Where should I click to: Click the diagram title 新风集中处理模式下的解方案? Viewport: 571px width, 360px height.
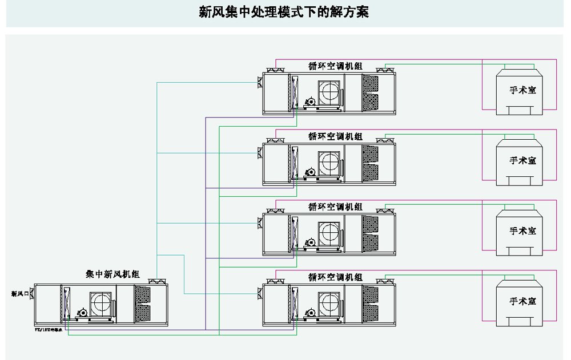pos(284,13)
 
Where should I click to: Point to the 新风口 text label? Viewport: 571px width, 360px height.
pos(19,294)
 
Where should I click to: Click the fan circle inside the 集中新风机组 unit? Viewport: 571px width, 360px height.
pos(102,304)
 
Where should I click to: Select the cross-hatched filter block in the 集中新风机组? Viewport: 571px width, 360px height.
pos(142,304)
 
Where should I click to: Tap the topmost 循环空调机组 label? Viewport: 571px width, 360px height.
pos(335,66)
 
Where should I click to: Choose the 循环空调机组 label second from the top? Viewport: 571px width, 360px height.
pos(335,136)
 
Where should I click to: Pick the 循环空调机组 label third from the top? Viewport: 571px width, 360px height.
pos(335,207)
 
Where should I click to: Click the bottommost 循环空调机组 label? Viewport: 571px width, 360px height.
pos(335,277)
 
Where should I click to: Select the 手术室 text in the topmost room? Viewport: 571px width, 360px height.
pos(523,90)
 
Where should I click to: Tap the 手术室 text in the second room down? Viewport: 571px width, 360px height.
pos(523,160)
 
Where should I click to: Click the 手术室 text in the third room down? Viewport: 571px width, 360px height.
pos(523,230)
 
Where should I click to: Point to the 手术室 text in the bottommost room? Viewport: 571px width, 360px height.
pos(523,301)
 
